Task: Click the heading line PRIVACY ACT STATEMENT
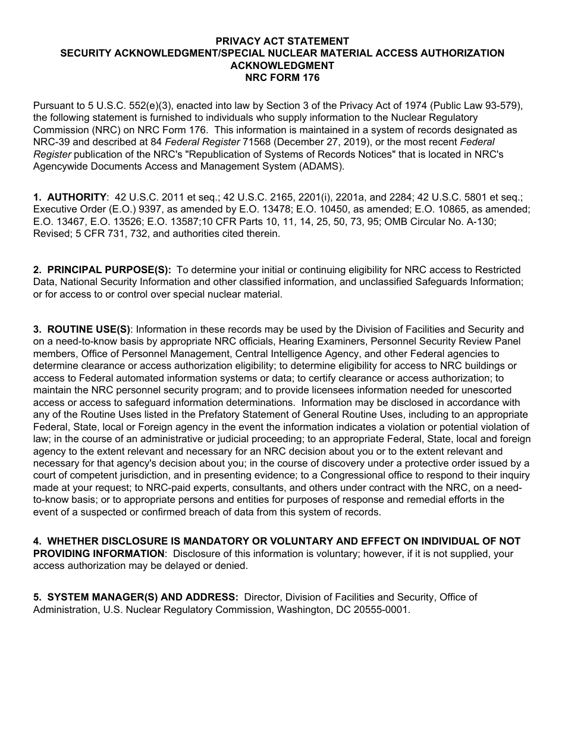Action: pyautogui.click(x=282, y=41)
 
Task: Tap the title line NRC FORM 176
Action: pyautogui.click(x=282, y=77)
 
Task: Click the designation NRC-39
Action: pyautogui.click(x=52, y=142)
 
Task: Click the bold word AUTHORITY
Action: pyautogui.click(x=77, y=197)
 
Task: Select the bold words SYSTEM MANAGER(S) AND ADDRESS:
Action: pyautogui.click(x=143, y=597)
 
